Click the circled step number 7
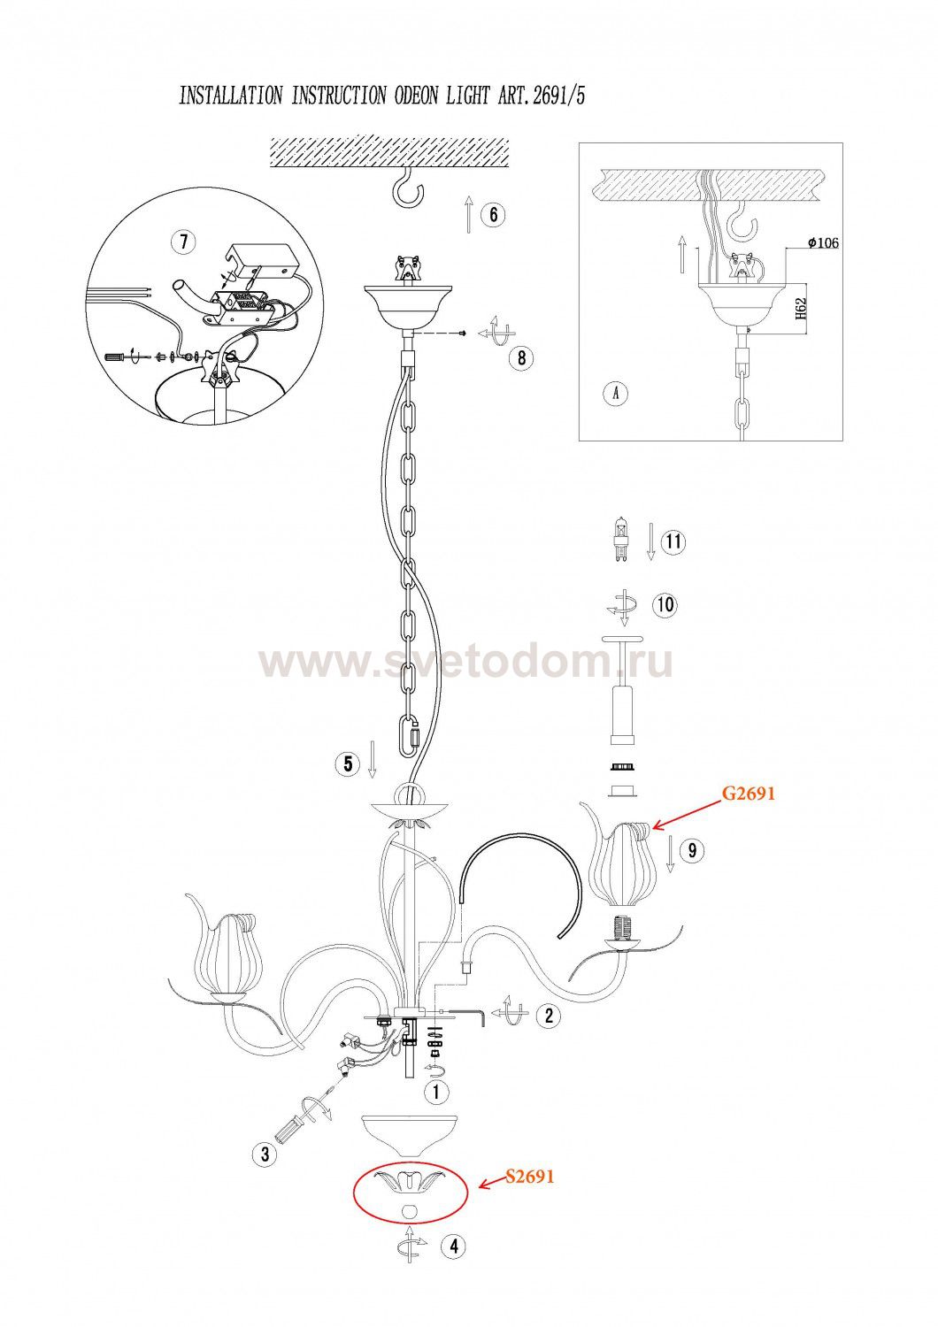(x=183, y=242)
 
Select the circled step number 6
(x=494, y=214)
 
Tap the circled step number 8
(x=521, y=357)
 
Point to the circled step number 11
(x=673, y=541)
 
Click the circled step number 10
(x=665, y=604)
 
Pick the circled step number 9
(x=692, y=851)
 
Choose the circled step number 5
(x=348, y=763)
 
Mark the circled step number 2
(x=548, y=1016)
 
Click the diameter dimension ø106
(x=822, y=243)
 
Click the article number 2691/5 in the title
(x=558, y=95)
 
